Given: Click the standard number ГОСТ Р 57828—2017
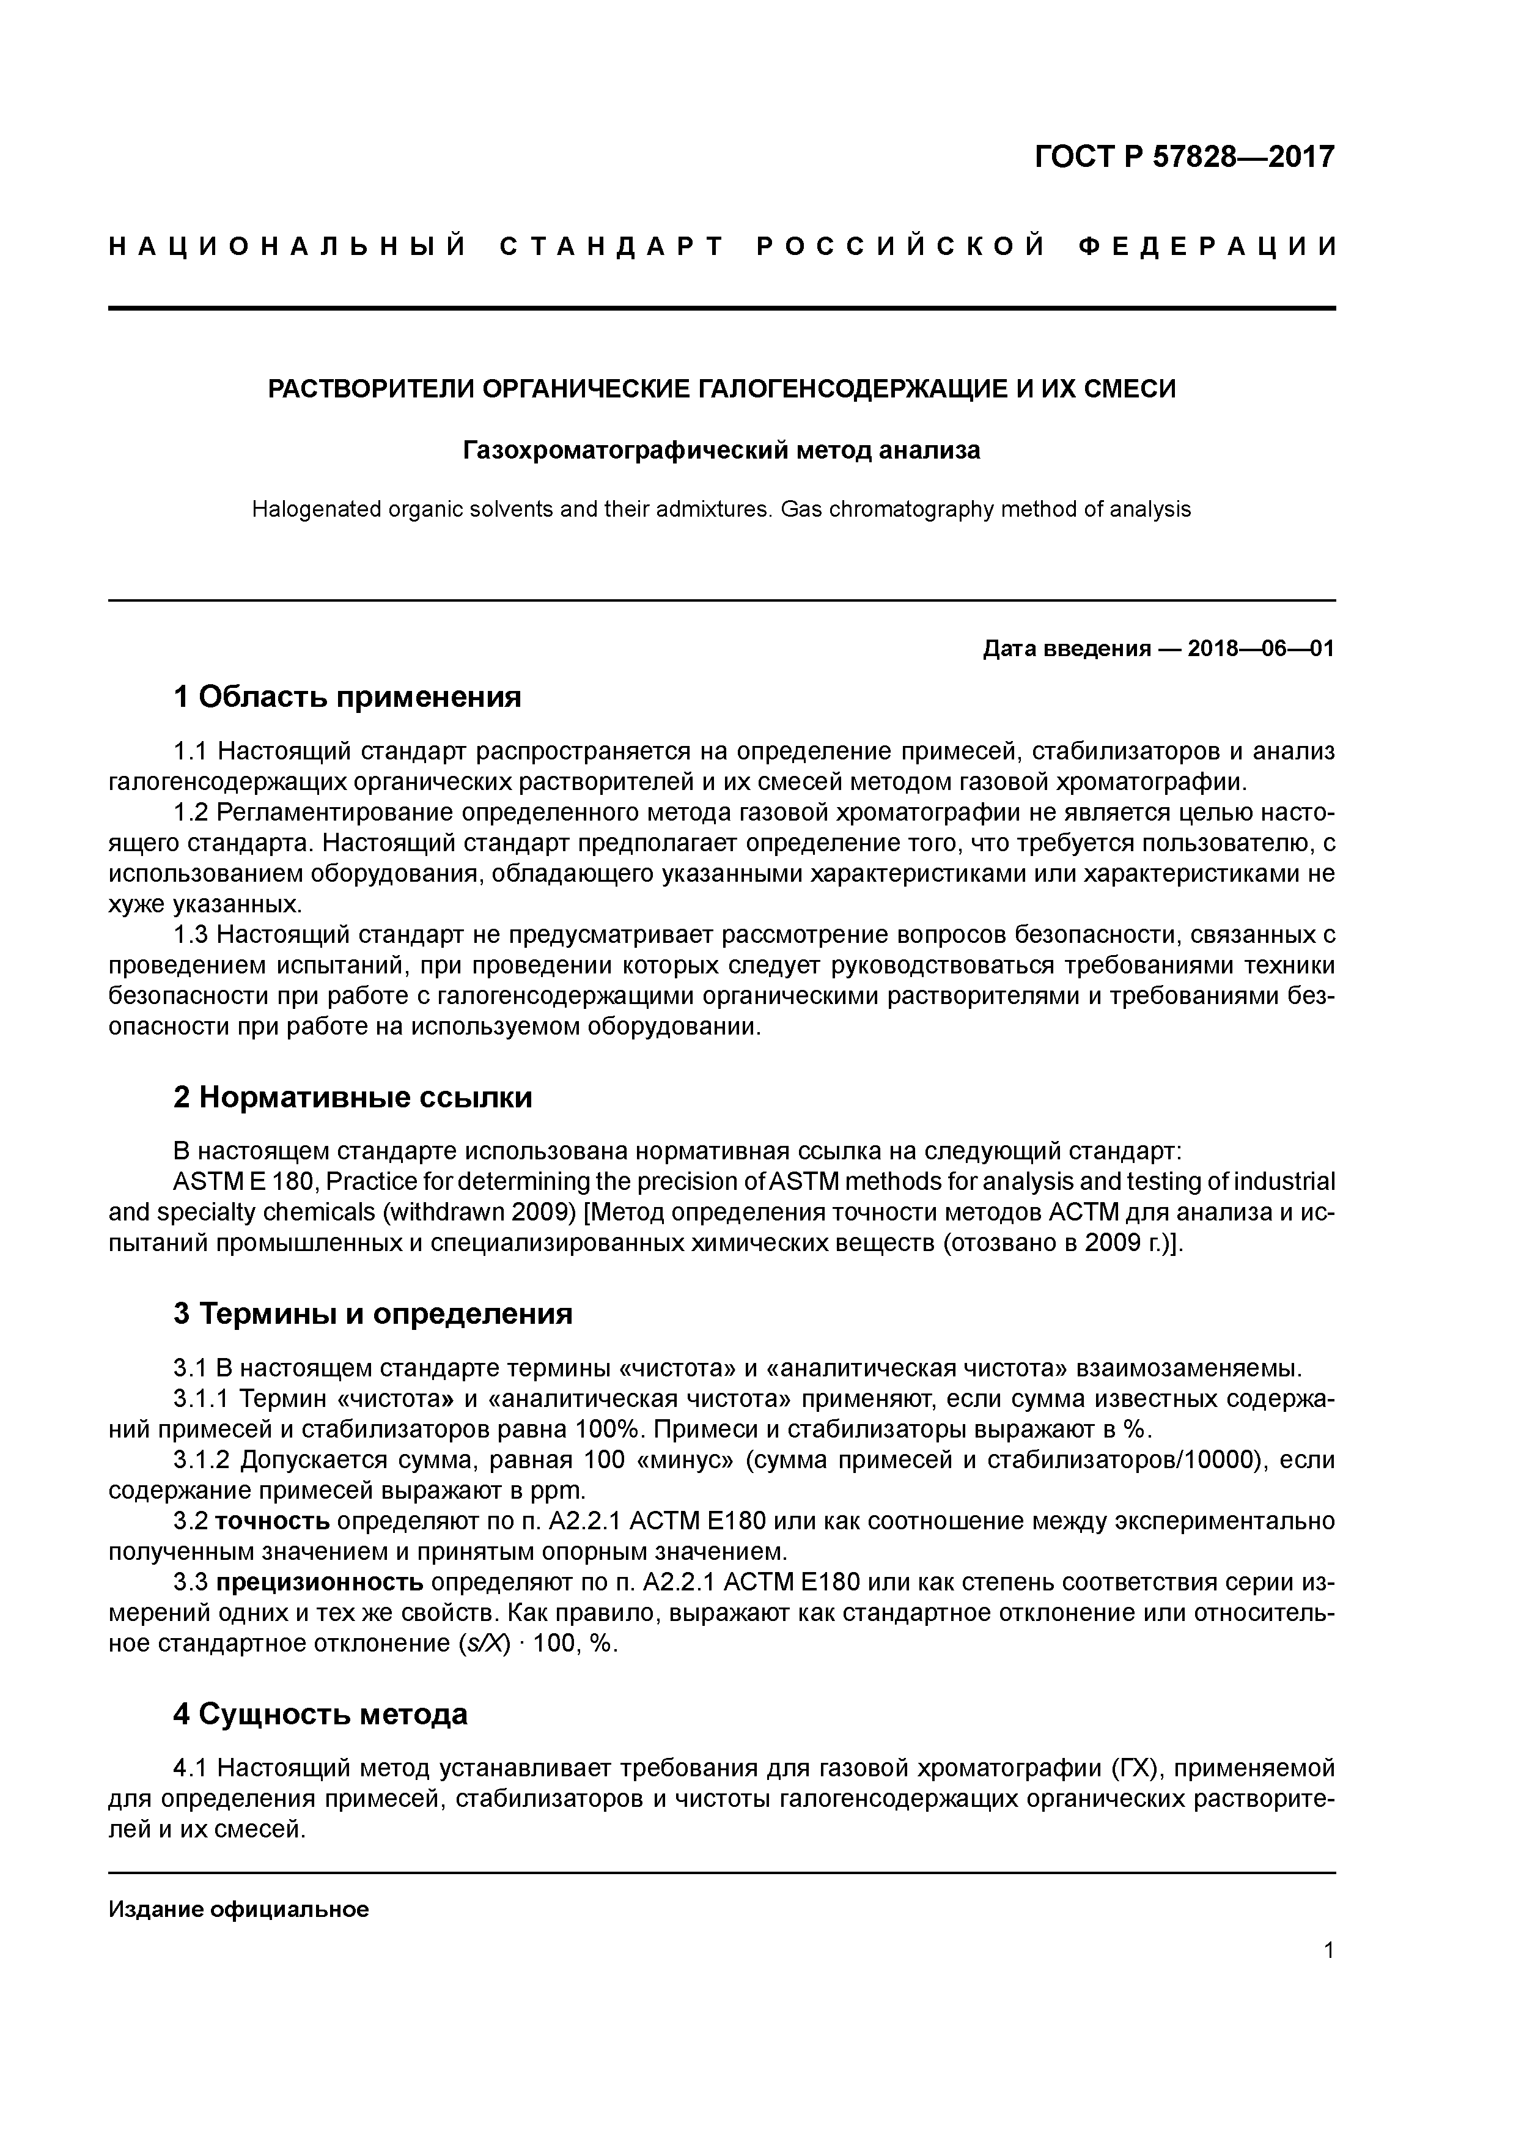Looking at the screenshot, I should click(1185, 157).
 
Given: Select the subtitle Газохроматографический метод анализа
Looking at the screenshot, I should click(721, 451).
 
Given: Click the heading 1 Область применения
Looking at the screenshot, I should click(347, 697).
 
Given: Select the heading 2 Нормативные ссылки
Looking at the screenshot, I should click(353, 1097).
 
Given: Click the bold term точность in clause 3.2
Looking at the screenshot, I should click(273, 1522).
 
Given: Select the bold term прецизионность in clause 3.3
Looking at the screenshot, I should click(320, 1582).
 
